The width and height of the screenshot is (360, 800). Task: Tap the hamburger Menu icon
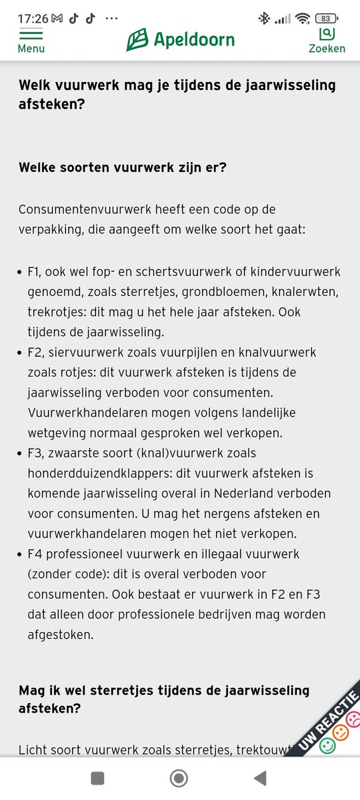tap(31, 35)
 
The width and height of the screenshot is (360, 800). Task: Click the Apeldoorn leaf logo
tap(137, 39)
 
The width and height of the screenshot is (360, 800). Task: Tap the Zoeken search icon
tap(326, 33)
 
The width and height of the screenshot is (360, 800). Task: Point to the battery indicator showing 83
tap(325, 19)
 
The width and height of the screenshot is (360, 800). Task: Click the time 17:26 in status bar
tap(33, 19)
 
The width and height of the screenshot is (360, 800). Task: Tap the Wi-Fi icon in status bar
tap(303, 19)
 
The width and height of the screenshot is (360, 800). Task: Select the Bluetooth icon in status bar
tap(264, 19)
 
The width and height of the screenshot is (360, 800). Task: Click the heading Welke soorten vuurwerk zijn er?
tap(123, 167)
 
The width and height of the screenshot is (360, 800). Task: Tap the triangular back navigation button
tap(261, 777)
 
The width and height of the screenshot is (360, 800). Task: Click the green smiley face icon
tap(327, 745)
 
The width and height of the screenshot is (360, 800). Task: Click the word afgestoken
tap(61, 635)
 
